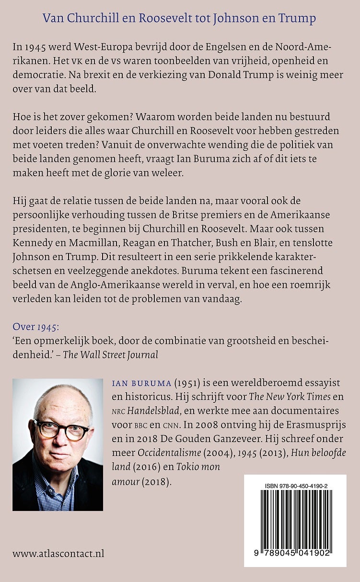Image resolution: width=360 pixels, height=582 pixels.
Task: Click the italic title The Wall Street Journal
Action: tap(119, 354)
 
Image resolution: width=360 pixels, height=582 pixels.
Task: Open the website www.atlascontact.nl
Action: tap(58, 554)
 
